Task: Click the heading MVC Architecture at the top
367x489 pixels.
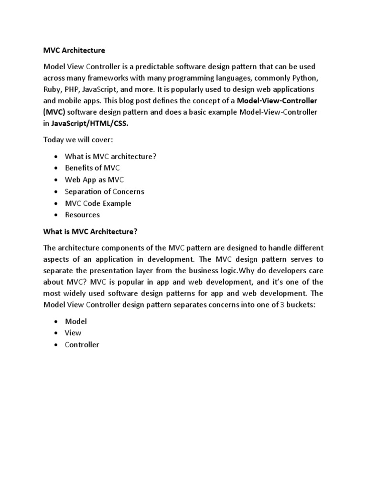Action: click(x=74, y=50)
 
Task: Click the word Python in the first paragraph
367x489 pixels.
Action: click(x=302, y=77)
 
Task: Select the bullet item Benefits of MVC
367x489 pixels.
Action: click(x=92, y=168)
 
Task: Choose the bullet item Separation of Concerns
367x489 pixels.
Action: click(x=105, y=191)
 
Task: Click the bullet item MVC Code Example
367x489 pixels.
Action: click(x=98, y=203)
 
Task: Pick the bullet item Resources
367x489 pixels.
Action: click(x=83, y=215)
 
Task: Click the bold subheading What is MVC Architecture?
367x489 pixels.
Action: click(x=90, y=231)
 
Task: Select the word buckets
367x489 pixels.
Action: click(x=301, y=305)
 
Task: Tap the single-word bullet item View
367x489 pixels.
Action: click(x=73, y=333)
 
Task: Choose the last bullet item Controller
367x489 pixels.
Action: click(x=82, y=344)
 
